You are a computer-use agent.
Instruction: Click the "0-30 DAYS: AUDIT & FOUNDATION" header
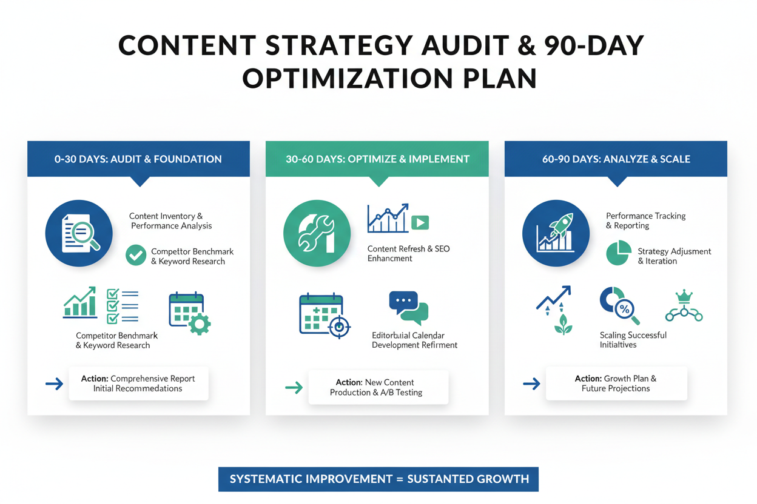[x=138, y=159]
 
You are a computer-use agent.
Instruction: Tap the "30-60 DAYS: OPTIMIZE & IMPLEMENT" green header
[x=377, y=159]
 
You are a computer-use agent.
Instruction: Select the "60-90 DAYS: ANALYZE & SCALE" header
[x=616, y=159]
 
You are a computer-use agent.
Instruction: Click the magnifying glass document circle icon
[x=79, y=233]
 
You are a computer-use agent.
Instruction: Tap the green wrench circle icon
[x=317, y=233]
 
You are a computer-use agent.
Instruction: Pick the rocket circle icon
[x=556, y=233]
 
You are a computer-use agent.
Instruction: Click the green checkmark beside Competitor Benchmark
[x=136, y=255]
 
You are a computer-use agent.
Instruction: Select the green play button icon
[x=420, y=222]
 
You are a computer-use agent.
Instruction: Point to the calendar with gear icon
[x=189, y=313]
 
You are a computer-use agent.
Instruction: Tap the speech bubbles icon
[x=408, y=308]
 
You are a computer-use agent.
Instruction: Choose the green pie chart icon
[x=618, y=253]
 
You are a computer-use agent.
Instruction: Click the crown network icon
[x=684, y=306]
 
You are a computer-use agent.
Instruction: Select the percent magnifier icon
[x=619, y=306]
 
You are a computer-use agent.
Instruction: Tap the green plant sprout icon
[x=562, y=325]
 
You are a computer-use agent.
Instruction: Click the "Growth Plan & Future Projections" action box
[x=616, y=383]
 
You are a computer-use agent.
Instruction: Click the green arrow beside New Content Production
[x=294, y=387]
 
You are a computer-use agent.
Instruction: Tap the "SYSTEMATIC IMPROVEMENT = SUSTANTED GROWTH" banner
[x=378, y=479]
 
